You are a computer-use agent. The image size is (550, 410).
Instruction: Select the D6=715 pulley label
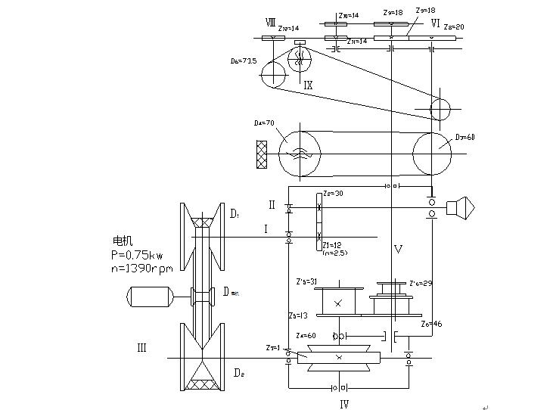coord(244,61)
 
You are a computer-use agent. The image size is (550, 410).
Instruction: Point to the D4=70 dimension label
coord(264,123)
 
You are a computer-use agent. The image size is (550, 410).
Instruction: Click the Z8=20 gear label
coord(454,26)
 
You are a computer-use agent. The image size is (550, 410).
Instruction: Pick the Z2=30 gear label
coord(333,194)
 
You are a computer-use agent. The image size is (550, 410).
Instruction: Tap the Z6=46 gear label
coord(432,323)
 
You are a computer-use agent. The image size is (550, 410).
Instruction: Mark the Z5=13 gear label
coord(298,315)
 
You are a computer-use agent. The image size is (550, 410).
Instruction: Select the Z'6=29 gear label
coord(421,283)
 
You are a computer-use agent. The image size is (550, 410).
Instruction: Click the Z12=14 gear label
coord(289,28)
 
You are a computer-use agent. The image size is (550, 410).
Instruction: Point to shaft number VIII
coord(270,22)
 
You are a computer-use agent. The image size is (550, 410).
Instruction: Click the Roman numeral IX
coord(308,85)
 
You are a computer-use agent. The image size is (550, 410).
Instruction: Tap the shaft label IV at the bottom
coord(344,404)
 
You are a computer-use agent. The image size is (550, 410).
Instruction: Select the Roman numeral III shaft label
coord(141,348)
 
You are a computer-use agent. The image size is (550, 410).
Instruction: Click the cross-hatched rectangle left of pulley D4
coord(262,154)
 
